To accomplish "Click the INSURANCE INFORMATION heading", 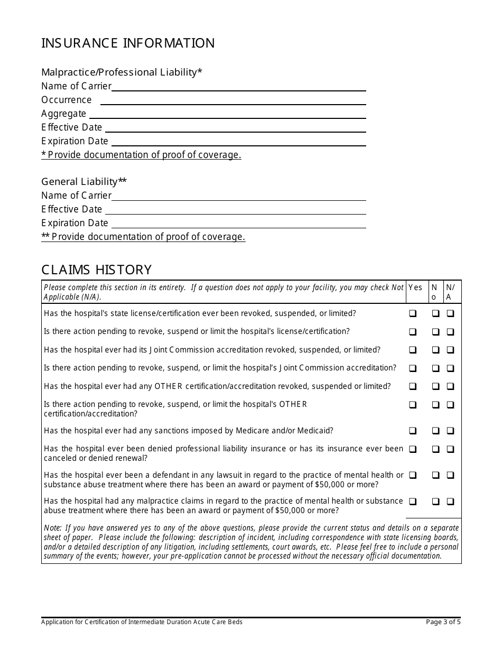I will point(128,43).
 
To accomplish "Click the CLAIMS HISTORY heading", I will point(96,270).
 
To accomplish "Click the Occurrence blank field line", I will point(233,100).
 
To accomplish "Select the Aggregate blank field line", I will point(227,114).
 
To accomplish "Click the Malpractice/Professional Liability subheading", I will point(122,72).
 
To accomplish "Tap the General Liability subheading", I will point(84,182).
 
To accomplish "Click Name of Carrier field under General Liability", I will point(238,196).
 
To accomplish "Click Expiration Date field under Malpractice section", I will point(238,142).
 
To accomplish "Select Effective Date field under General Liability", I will point(235,210).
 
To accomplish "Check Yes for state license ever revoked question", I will point(413,313).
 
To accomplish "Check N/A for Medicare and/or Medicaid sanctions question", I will point(450,431).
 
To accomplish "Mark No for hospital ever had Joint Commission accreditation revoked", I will point(435,350).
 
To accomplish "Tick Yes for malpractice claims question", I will point(413,502).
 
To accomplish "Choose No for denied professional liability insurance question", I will point(435,449).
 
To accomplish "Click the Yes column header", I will point(415,287).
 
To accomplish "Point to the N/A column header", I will point(450,292).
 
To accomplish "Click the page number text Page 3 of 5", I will point(443,622).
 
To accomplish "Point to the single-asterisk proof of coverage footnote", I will point(141,155).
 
